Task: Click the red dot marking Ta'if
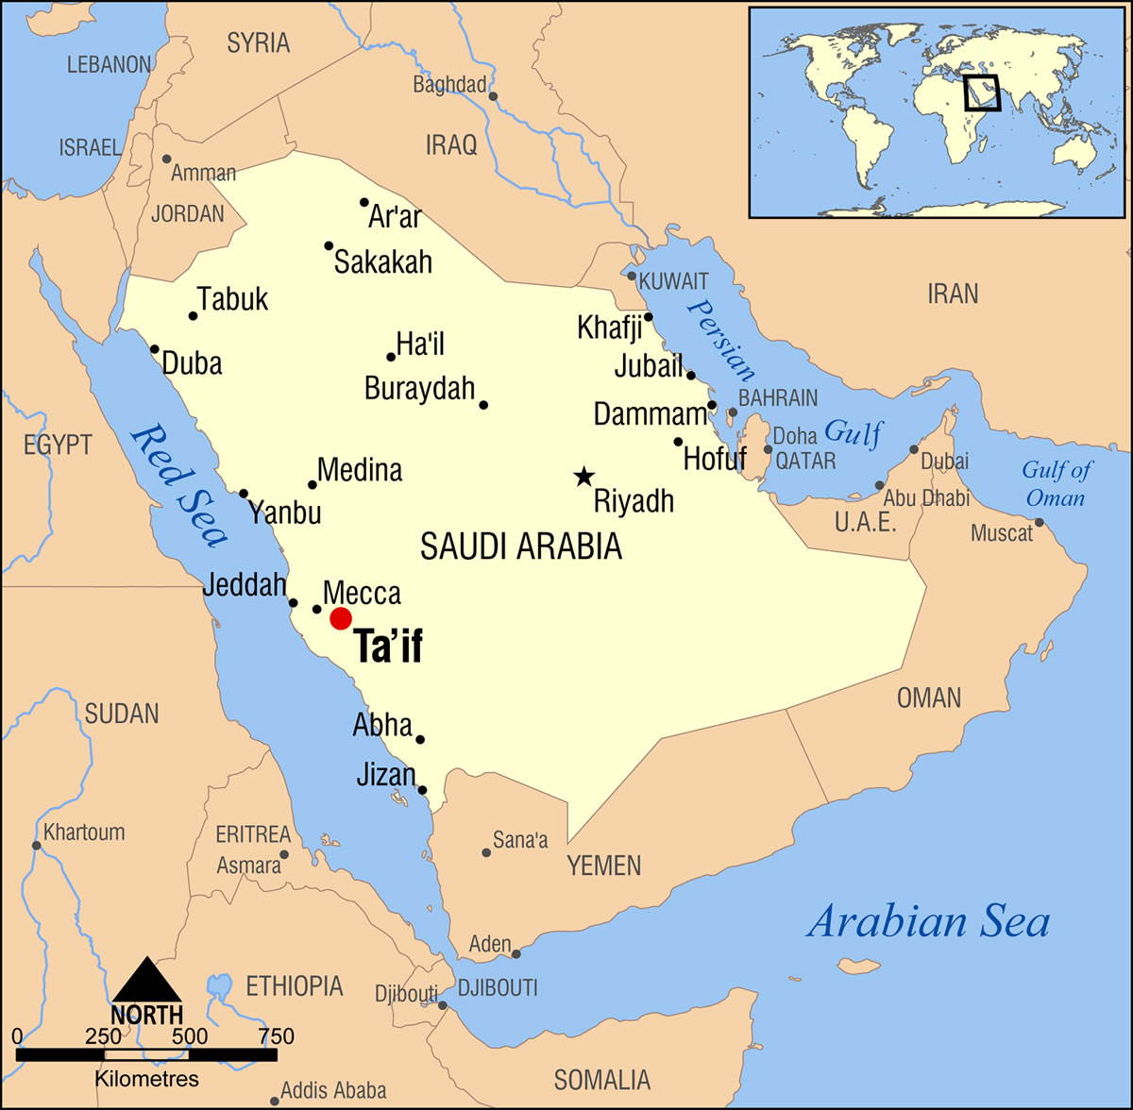click(341, 618)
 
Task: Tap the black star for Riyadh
click(584, 477)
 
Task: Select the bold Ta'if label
click(388, 647)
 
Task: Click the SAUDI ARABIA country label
click(520, 547)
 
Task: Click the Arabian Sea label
click(927, 921)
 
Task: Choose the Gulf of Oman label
click(1056, 483)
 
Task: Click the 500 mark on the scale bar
click(190, 1035)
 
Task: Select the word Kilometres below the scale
click(146, 1079)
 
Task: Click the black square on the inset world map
click(981, 93)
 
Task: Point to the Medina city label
click(360, 470)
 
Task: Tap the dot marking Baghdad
click(492, 95)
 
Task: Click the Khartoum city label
click(84, 832)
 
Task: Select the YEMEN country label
click(603, 866)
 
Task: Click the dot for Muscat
click(1039, 523)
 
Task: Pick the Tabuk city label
click(233, 299)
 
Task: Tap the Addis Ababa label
click(333, 1091)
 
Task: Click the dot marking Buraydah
click(483, 405)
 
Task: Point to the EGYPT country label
click(58, 445)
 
